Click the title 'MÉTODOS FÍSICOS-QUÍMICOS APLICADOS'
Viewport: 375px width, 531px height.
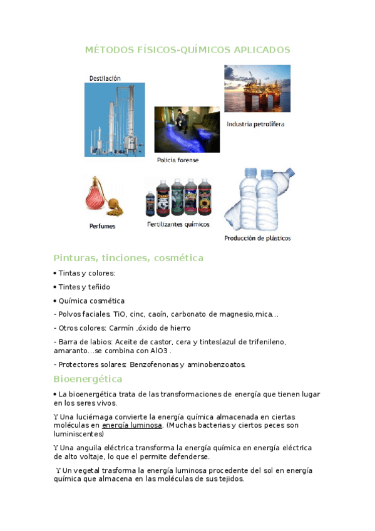[x=187, y=49]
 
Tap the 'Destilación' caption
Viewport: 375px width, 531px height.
[x=105, y=78]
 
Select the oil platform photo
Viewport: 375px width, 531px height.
[x=257, y=88]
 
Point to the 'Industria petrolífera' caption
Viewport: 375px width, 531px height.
[x=255, y=124]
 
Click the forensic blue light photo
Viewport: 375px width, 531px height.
[x=187, y=130]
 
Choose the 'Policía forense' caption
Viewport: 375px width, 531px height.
[x=178, y=160]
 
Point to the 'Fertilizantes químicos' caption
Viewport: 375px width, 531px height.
[x=178, y=224]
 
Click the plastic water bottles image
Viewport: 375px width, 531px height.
[x=259, y=199]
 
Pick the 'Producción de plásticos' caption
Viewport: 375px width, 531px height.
[x=257, y=238]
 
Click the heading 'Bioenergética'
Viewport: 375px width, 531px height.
[x=88, y=379]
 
